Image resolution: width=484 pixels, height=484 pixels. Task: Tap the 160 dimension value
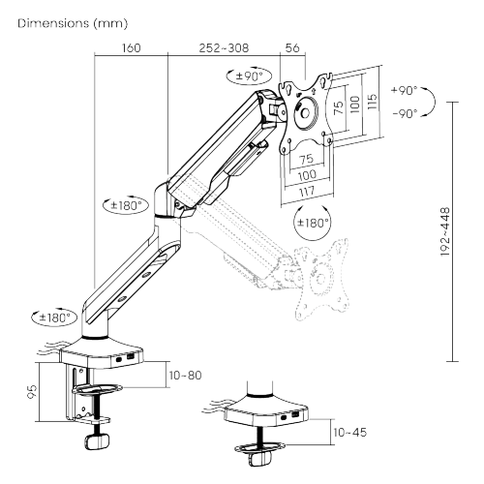pos(130,46)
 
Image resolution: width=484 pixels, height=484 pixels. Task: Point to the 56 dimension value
pos(291,46)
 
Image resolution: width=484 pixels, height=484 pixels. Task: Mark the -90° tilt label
pos(404,113)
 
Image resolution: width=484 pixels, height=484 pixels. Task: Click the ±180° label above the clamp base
pos(53,317)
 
